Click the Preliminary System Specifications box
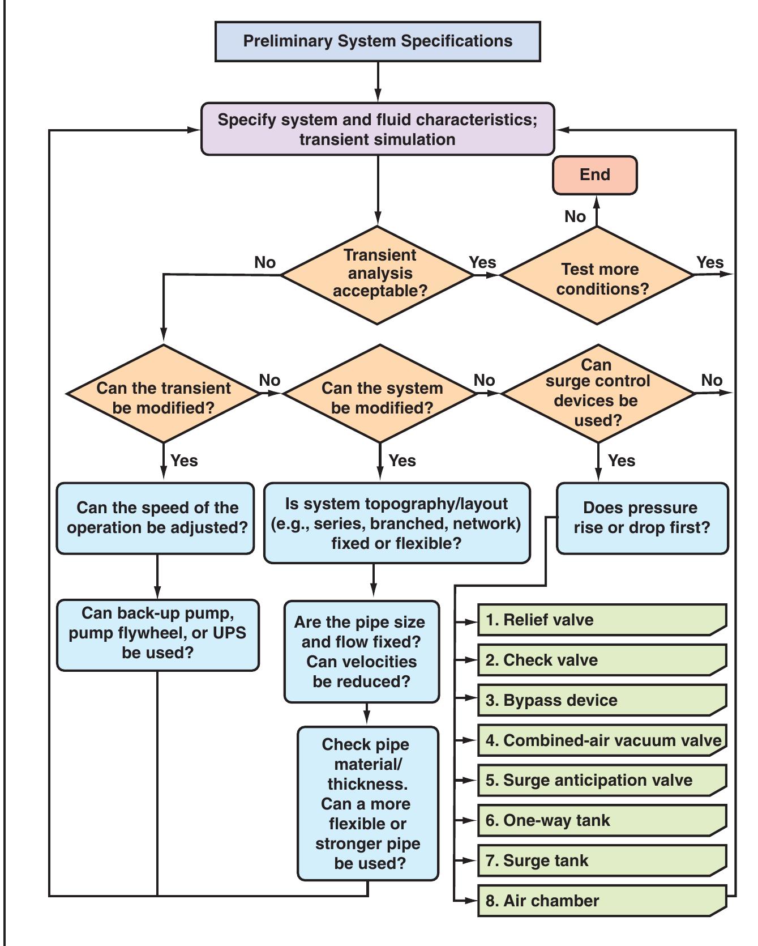(378, 41)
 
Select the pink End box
(595, 175)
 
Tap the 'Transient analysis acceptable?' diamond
(378, 275)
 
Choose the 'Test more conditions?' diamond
(597, 276)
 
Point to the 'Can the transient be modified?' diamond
(164, 394)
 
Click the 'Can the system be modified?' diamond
(380, 394)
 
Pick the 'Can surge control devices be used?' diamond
(598, 393)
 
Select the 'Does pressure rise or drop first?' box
(642, 518)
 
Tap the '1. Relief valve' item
(602, 620)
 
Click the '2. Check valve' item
(602, 660)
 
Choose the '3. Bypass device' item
(602, 700)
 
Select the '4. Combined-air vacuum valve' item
(602, 740)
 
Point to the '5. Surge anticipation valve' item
(602, 780)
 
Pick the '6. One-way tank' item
(602, 820)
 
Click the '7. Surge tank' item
(602, 860)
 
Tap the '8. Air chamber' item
(602, 901)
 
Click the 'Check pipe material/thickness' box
(368, 803)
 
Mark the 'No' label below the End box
(575, 216)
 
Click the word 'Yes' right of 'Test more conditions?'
(710, 262)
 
